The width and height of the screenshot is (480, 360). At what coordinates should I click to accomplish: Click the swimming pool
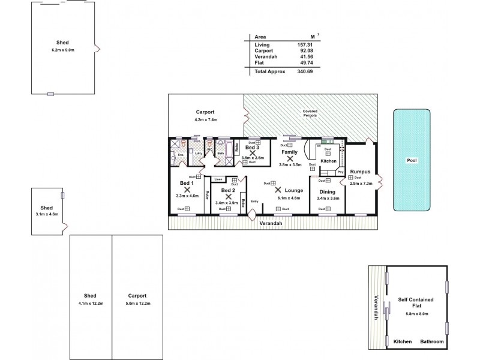[412, 160]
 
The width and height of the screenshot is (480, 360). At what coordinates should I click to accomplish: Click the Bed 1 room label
[187, 182]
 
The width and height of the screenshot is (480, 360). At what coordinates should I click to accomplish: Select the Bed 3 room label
[252, 147]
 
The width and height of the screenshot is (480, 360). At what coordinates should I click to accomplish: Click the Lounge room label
[293, 190]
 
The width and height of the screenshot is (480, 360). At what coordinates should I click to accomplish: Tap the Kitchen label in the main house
[328, 161]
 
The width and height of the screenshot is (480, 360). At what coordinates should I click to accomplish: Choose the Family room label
[290, 152]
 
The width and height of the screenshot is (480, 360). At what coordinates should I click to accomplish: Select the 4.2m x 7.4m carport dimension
[205, 120]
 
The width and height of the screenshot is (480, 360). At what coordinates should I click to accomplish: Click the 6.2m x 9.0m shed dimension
[63, 50]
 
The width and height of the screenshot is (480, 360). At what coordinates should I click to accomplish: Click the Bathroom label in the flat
[431, 341]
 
